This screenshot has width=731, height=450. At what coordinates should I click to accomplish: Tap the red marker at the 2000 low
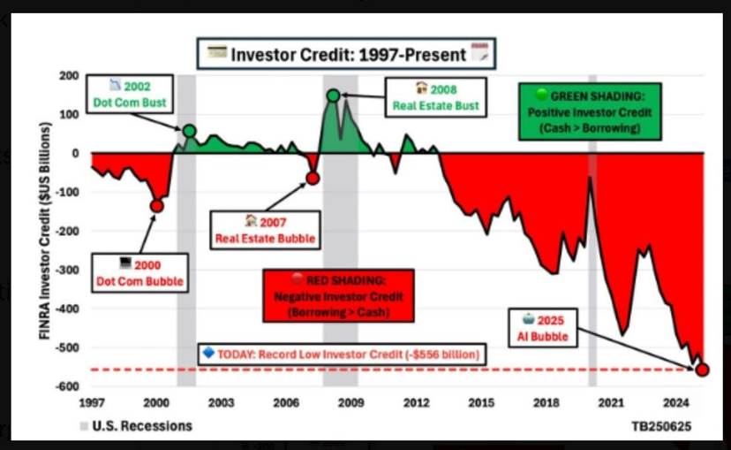[156, 206]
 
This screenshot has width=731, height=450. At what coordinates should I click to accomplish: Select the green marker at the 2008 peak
[334, 95]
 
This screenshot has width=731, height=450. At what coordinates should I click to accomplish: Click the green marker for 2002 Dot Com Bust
[189, 131]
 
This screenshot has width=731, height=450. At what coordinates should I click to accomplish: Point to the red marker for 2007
[313, 178]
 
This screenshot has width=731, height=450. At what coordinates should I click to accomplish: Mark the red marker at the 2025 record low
[702, 370]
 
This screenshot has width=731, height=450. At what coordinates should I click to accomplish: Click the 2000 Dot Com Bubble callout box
[139, 273]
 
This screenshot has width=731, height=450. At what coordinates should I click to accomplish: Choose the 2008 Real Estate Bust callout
[436, 97]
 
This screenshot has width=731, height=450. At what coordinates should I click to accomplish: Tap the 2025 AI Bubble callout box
[543, 328]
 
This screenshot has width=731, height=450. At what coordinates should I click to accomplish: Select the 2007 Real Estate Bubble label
[265, 230]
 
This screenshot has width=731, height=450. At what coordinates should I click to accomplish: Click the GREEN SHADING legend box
[590, 111]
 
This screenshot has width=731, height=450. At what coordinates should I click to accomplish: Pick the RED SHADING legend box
[338, 296]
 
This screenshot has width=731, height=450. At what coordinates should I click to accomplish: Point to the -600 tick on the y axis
[68, 386]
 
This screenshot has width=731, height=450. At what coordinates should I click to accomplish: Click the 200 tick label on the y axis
[69, 76]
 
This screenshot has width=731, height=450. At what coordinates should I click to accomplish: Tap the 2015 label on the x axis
[481, 402]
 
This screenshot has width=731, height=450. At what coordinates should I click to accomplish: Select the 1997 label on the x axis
[92, 402]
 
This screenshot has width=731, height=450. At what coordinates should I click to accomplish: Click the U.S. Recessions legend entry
[136, 426]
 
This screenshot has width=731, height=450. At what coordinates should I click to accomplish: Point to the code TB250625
[661, 426]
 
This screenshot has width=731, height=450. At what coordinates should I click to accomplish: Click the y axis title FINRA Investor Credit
[45, 231]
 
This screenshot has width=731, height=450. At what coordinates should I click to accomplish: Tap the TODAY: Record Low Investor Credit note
[343, 355]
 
